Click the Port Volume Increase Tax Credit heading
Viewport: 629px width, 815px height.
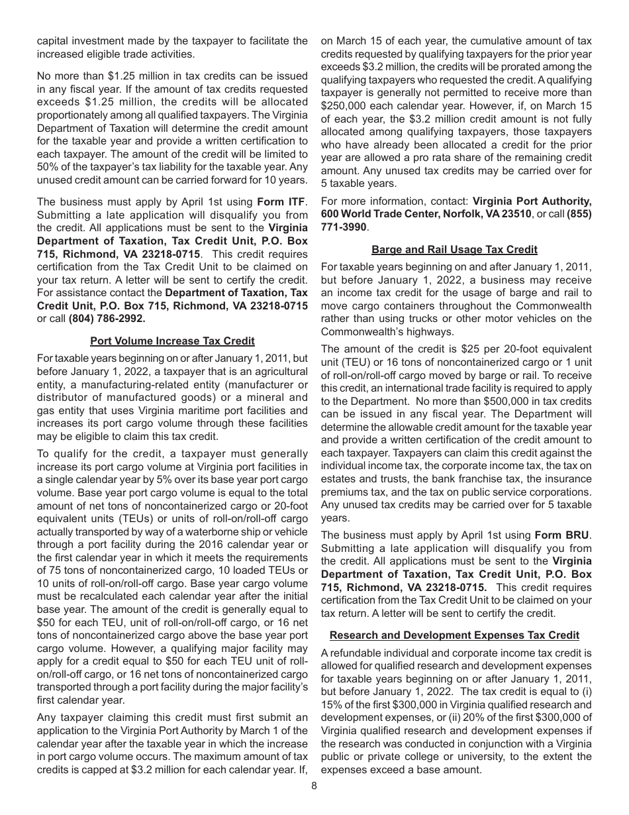click(x=172, y=341)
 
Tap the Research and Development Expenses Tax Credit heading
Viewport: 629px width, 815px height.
click(x=454, y=635)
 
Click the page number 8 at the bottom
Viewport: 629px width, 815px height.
click(x=314, y=786)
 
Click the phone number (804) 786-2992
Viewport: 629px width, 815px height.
click(x=107, y=317)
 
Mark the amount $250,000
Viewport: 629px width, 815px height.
click(x=347, y=105)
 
